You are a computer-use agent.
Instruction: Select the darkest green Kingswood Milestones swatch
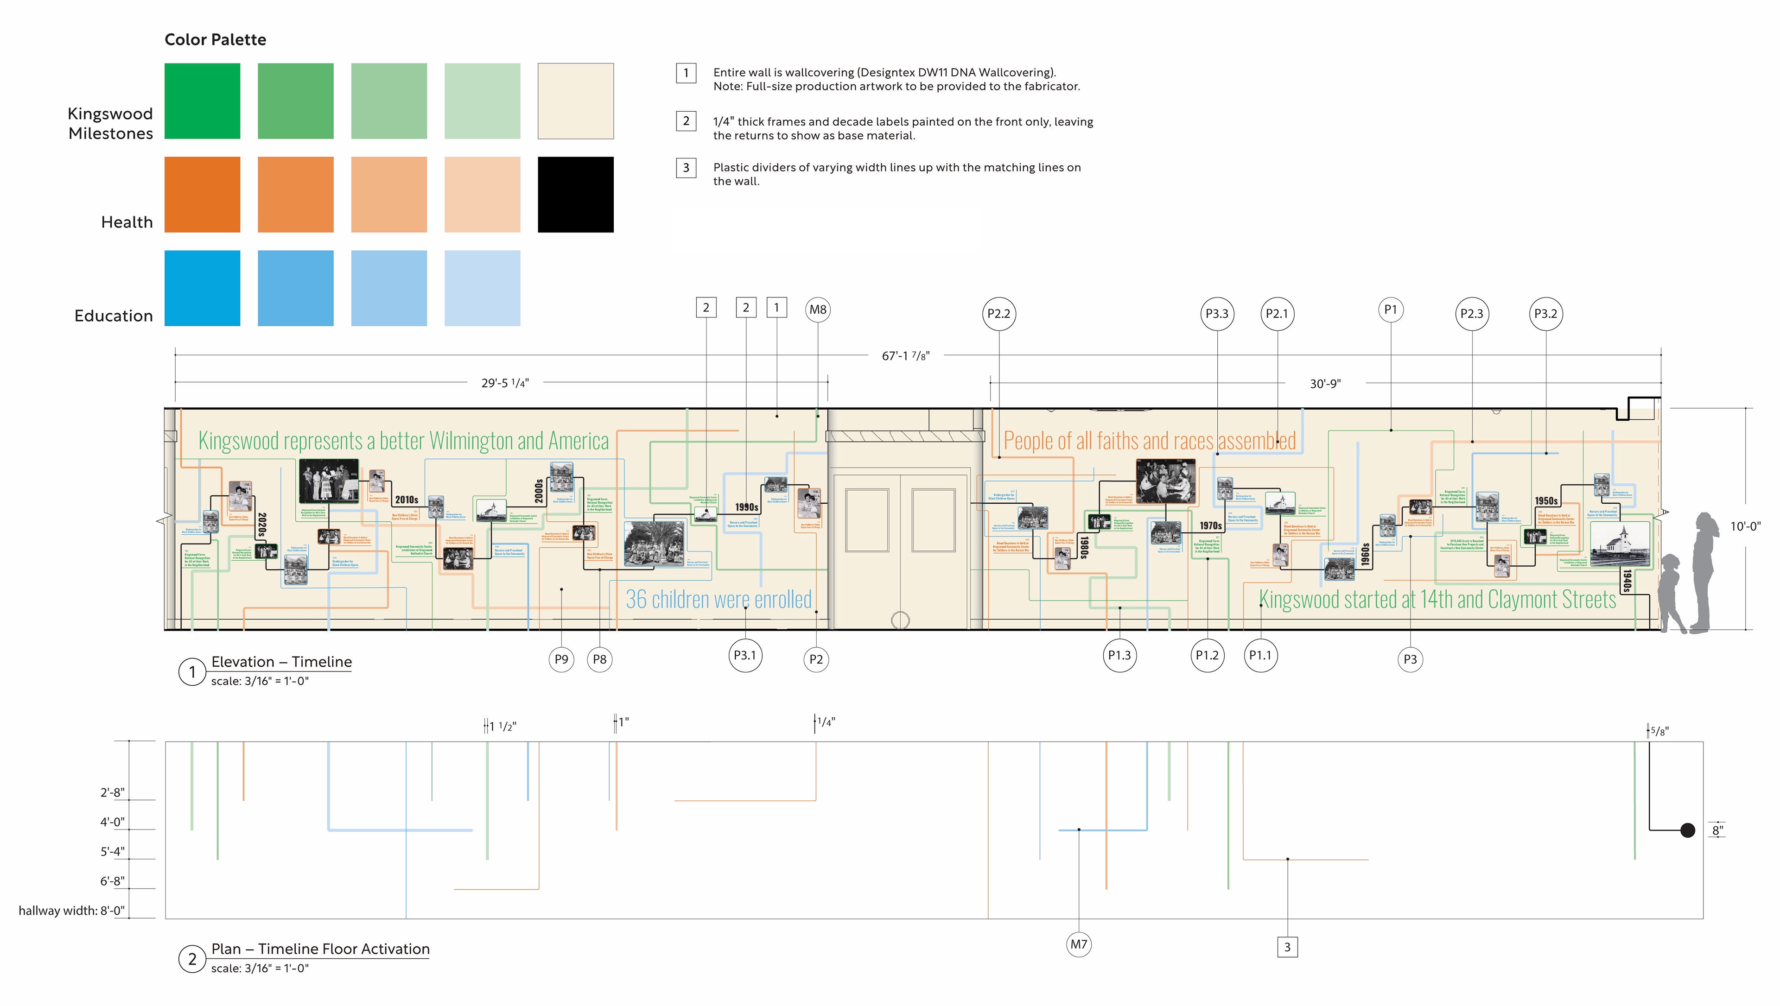tap(202, 101)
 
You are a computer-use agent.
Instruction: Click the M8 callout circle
tap(817, 310)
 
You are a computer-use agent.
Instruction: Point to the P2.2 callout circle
tap(998, 314)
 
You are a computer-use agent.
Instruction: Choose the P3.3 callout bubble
tap(1217, 314)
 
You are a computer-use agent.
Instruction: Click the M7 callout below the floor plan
tap(1079, 944)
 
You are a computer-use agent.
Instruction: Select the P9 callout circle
tap(561, 659)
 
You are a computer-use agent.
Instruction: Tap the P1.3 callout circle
tap(1119, 655)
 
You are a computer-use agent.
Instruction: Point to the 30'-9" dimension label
tap(1325, 384)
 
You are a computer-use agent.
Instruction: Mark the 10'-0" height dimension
tap(1745, 526)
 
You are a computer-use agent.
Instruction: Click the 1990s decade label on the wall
tap(746, 507)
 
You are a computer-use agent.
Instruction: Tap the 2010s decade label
tap(407, 500)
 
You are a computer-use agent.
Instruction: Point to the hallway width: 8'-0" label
tap(71, 911)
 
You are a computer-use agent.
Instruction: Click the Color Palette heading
tap(215, 39)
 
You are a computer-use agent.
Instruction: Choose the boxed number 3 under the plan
tap(1287, 947)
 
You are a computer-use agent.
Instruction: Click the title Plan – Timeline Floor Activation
tap(320, 949)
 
